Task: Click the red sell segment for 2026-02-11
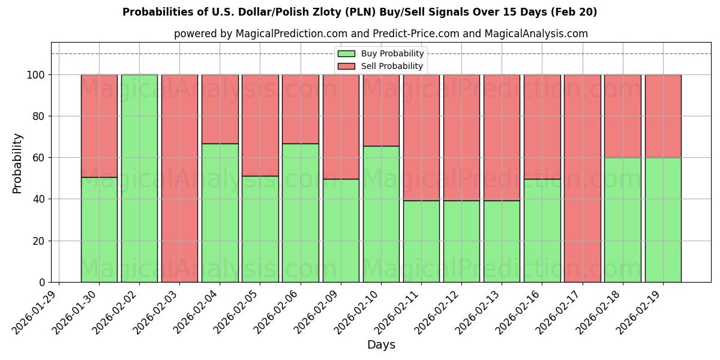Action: [x=421, y=137]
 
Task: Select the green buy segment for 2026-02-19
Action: [x=663, y=220]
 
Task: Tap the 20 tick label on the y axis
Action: [x=38, y=241]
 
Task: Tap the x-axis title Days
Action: [x=381, y=345]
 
